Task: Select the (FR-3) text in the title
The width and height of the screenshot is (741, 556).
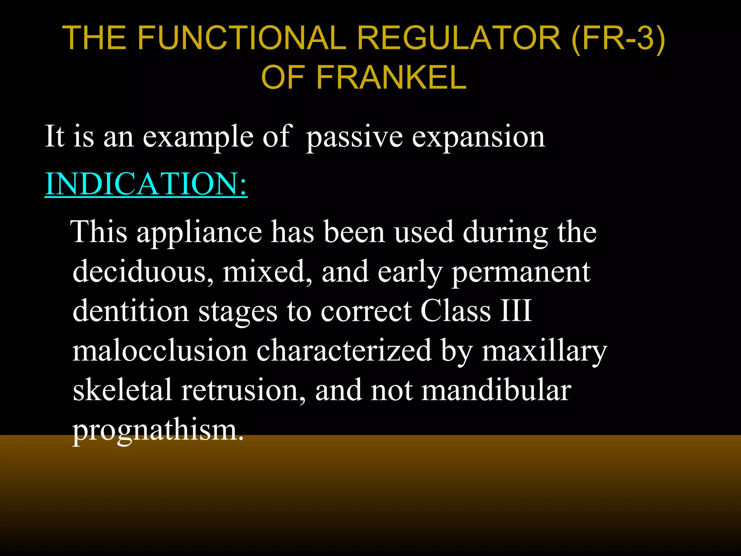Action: pyautogui.click(x=618, y=38)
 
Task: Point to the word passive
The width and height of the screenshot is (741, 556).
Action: pyautogui.click(x=354, y=137)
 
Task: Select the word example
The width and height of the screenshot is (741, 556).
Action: pyautogui.click(x=198, y=137)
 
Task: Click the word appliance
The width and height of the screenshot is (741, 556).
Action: pyautogui.click(x=199, y=232)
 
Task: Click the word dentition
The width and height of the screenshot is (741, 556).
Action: pyautogui.click(x=131, y=311)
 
